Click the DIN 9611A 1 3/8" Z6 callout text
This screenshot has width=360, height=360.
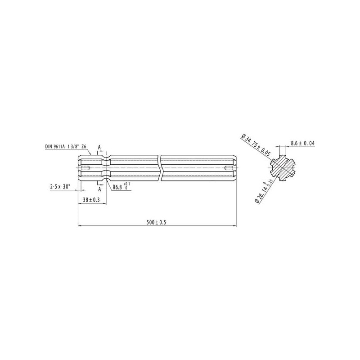(x=66, y=147)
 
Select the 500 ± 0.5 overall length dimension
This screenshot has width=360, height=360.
(x=156, y=222)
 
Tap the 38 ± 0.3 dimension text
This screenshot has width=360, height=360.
(x=91, y=200)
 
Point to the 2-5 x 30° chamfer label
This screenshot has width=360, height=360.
(x=60, y=187)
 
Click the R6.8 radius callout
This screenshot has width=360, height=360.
(x=117, y=187)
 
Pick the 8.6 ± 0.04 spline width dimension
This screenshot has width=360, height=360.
(x=303, y=143)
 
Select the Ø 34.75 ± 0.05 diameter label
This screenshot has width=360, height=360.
(x=256, y=145)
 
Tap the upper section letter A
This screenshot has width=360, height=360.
(x=99, y=148)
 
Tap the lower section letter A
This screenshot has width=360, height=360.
(x=99, y=189)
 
